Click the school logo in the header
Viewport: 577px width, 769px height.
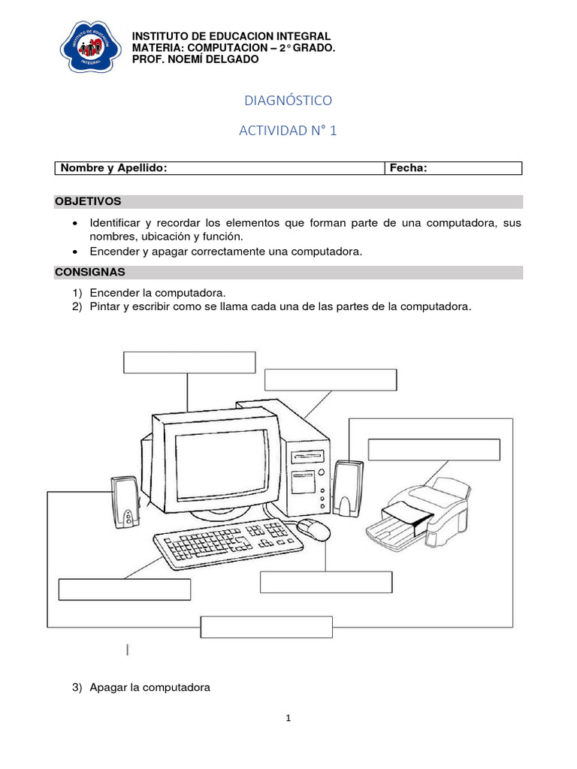coord(90,48)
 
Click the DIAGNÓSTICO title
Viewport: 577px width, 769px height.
coord(288,100)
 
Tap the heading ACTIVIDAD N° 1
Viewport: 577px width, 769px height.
coord(288,131)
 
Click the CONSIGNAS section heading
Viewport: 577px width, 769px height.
coord(89,272)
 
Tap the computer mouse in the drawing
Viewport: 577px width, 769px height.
coord(313,529)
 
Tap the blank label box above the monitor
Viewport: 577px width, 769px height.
coord(189,362)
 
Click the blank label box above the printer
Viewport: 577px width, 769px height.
coord(434,449)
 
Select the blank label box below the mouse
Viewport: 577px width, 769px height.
coord(325,582)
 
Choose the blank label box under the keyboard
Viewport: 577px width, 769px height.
coord(124,590)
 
